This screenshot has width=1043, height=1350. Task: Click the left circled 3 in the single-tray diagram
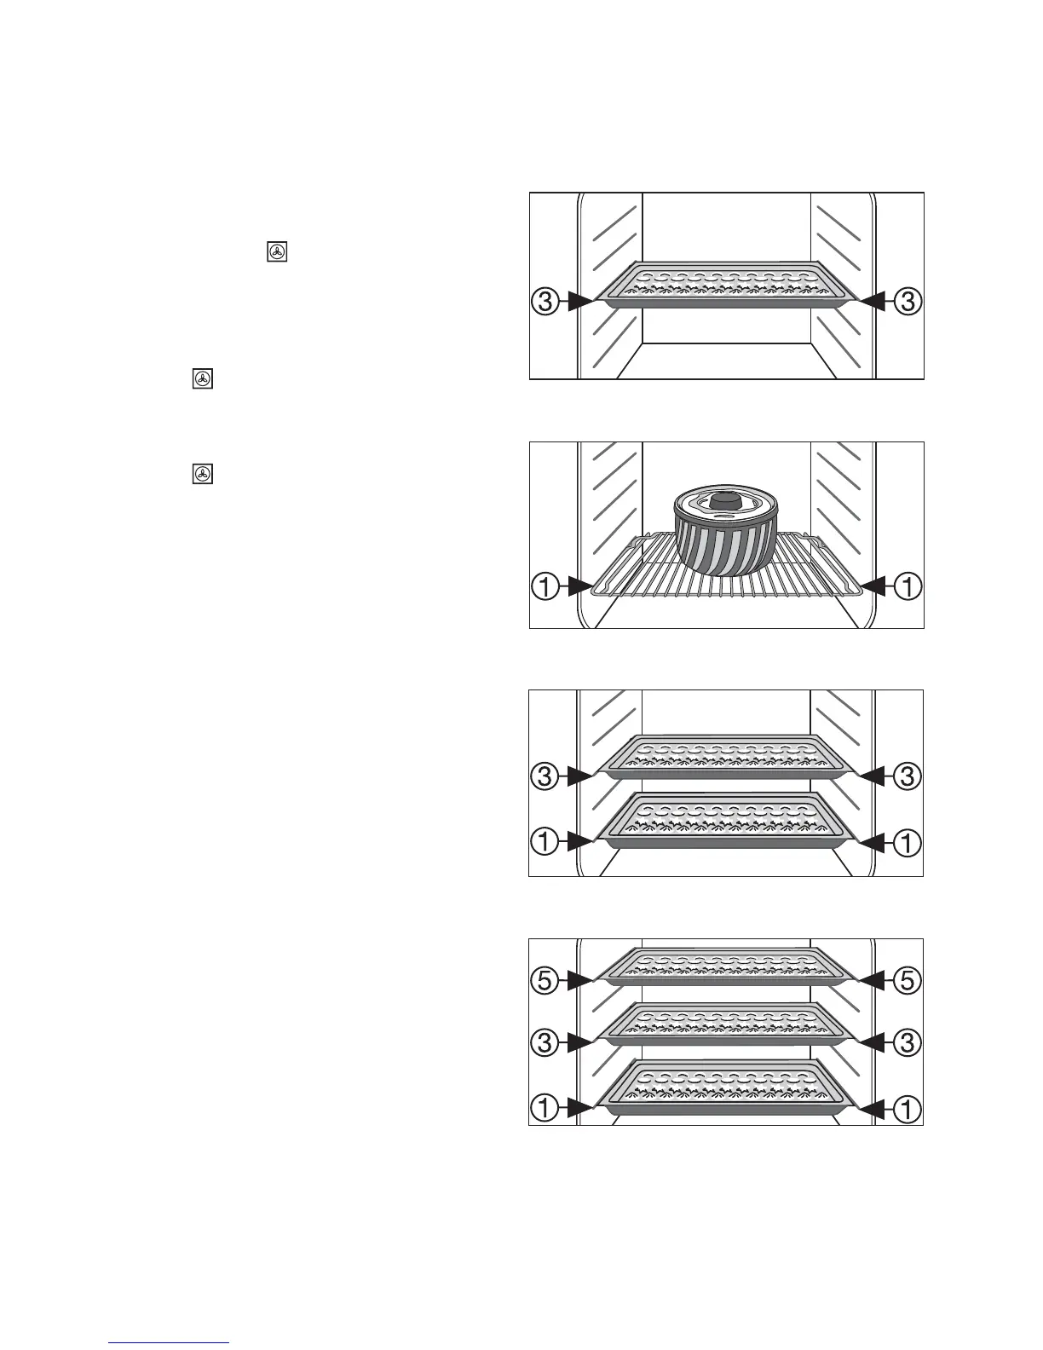coord(545,301)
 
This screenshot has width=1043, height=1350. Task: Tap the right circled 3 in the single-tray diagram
coord(908,301)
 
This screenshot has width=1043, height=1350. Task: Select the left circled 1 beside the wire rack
coord(545,586)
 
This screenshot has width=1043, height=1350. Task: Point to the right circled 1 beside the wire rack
coord(908,586)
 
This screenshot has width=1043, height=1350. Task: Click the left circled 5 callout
coord(545,980)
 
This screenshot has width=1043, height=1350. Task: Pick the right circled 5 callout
coord(908,980)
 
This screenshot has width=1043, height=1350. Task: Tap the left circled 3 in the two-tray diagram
coord(545,776)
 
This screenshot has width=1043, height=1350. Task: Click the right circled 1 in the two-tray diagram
coord(908,843)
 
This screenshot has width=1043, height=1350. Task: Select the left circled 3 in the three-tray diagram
coord(545,1041)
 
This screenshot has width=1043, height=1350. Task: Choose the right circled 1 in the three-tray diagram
coord(908,1109)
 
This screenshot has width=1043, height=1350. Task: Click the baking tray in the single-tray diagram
coord(725,284)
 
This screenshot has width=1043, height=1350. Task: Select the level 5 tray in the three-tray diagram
coord(725,966)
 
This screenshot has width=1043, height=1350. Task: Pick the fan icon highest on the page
coord(278,251)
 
